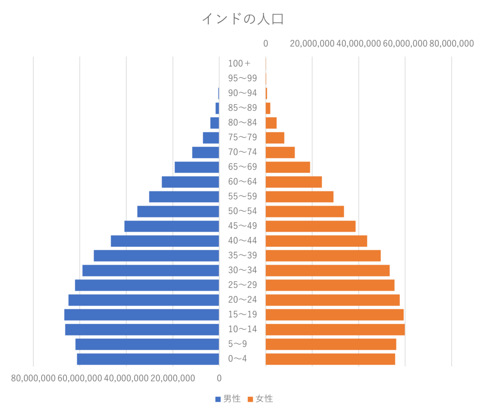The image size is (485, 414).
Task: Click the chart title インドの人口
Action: [x=242, y=19]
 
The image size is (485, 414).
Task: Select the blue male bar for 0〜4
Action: [x=148, y=359]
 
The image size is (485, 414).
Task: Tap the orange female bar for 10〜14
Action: [x=335, y=330]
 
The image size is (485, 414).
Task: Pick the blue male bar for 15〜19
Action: [x=141, y=315]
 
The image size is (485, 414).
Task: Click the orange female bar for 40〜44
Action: [x=316, y=241]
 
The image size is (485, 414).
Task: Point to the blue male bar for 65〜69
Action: [x=197, y=167]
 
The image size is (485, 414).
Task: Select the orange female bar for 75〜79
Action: [x=275, y=138]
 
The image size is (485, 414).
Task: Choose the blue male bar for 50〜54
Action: [x=178, y=212]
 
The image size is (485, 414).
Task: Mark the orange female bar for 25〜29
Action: [x=330, y=285]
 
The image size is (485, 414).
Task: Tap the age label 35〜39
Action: [x=242, y=256]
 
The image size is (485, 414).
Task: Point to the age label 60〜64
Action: [x=242, y=182]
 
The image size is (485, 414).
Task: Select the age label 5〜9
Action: [x=238, y=344]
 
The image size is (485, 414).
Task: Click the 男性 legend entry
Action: [x=228, y=399]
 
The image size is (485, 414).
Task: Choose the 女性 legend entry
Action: [x=260, y=399]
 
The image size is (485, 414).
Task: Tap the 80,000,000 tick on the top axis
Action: [x=451, y=44]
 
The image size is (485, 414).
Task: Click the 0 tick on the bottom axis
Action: [x=219, y=378]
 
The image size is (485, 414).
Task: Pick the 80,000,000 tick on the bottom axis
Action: [x=33, y=378]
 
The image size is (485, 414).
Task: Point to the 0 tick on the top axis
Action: [x=266, y=44]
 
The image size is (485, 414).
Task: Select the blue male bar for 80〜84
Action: [x=214, y=123]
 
